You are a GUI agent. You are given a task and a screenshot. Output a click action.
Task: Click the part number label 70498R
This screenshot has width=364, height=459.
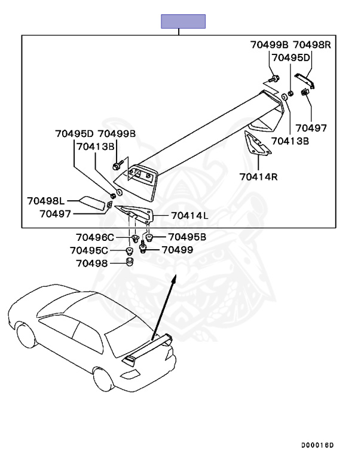tap(315, 44)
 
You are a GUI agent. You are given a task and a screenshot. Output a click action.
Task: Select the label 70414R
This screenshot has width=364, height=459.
tap(259, 176)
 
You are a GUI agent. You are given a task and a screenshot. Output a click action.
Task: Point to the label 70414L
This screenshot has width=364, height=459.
tap(189, 215)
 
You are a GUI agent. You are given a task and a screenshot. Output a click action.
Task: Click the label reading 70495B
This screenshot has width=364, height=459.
tap(186, 237)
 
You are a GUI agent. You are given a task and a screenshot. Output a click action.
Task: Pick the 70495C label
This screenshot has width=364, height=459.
tap(90, 250)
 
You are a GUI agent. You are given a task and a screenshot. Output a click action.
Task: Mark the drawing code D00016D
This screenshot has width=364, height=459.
tap(317, 446)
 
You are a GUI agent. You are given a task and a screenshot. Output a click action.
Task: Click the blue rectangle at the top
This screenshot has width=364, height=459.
tap(183, 22)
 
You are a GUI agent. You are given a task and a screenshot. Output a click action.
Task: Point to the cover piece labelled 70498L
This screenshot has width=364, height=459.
tap(91, 204)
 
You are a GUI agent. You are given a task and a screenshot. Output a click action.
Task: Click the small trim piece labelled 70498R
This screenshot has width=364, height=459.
tap(305, 79)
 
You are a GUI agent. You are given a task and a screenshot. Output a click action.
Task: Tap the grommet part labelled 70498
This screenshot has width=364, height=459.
tap(129, 262)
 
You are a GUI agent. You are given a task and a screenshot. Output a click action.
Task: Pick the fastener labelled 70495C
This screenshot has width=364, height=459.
tap(129, 250)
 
